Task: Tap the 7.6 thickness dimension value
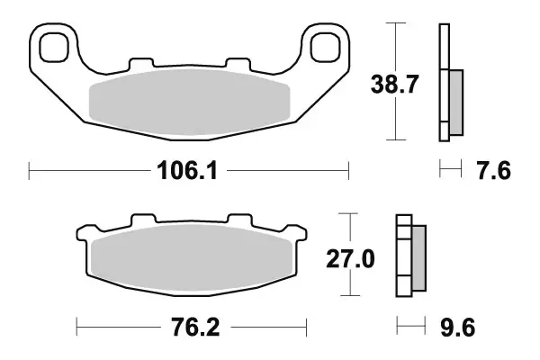tap(491, 170)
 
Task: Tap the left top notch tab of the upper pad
tap(141, 65)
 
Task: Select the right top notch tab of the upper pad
tap(238, 65)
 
